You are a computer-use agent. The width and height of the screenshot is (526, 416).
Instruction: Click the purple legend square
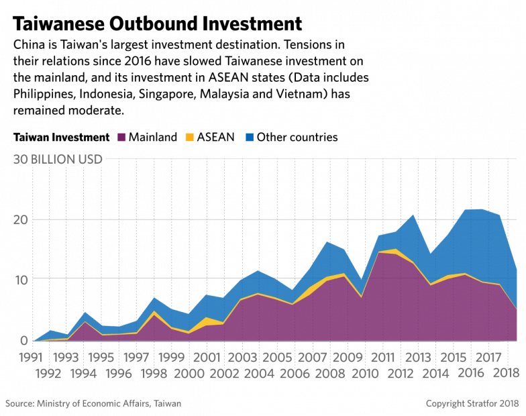click(x=121, y=137)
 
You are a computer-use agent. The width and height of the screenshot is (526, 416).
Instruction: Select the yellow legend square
click(x=190, y=137)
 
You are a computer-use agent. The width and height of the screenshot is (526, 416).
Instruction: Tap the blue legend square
click(x=250, y=137)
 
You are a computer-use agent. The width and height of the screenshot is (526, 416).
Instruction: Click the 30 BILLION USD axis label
click(x=57, y=160)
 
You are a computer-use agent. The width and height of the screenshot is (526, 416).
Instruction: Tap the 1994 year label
click(x=84, y=373)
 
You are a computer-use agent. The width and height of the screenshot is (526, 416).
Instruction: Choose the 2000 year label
click(x=189, y=373)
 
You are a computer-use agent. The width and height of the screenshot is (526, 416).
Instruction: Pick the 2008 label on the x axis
click(x=329, y=373)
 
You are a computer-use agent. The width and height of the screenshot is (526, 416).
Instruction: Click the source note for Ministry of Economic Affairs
click(x=93, y=403)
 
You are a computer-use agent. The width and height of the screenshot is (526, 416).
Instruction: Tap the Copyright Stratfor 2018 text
click(x=473, y=403)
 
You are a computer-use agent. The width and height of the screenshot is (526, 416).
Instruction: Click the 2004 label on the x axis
click(x=259, y=373)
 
